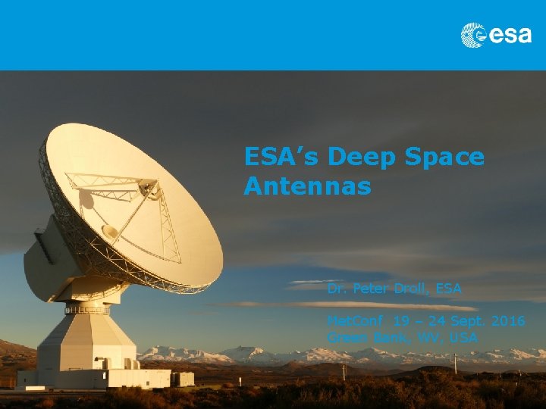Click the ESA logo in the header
coord(496,35)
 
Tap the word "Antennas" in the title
coord(307,186)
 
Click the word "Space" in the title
coord(447,158)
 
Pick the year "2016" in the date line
coord(507,321)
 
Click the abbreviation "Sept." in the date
coord(467,321)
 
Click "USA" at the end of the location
coord(463,337)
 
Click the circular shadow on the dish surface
coord(85,198)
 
